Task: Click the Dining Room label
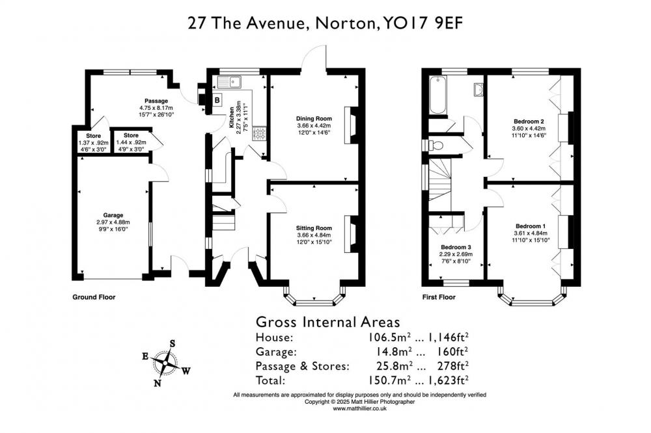[x=314, y=118]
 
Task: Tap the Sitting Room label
[x=314, y=228]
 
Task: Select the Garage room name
[x=113, y=215]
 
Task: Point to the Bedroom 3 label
[x=456, y=247]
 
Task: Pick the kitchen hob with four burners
[x=260, y=133]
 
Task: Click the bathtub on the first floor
[x=437, y=95]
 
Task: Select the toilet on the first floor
[x=435, y=145]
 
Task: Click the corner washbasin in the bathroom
[x=478, y=89]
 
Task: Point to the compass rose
[x=165, y=363]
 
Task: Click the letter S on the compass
[x=173, y=344]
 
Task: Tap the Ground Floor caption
[x=94, y=297]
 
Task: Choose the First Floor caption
[x=439, y=297]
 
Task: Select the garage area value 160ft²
[x=452, y=352]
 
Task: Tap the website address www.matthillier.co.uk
[x=359, y=408]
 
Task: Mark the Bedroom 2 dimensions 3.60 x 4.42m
[x=529, y=129]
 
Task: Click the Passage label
[x=156, y=101]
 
